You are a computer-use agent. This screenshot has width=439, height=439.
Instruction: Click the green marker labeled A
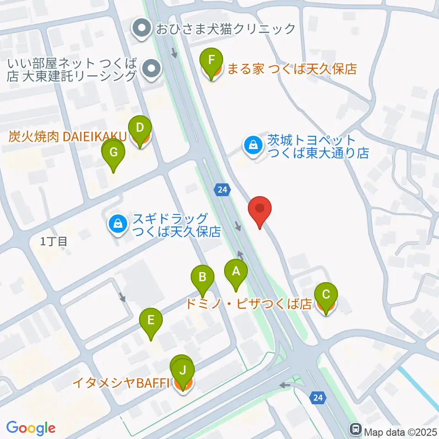pos(236,273)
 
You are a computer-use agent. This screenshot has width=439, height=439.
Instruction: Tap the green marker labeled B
pos(203,277)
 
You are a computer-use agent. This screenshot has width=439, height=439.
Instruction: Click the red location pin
pos(260,210)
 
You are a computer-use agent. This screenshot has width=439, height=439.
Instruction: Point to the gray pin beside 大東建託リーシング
pos(151,70)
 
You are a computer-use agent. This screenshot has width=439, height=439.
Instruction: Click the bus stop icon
pos(355,429)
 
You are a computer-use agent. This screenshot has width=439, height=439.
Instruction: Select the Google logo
pos(31,428)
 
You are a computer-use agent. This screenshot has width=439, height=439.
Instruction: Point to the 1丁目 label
pos(54,242)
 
